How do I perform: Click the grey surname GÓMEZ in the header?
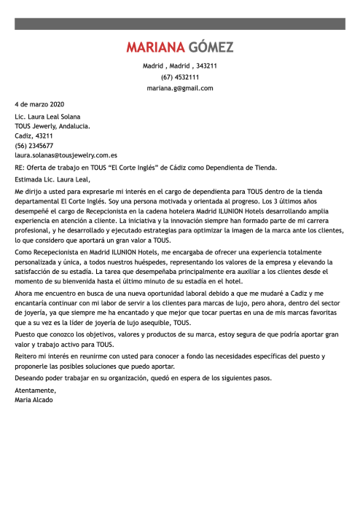pos(211,48)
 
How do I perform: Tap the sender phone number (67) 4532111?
pos(180,76)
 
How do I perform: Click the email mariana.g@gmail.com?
pos(180,87)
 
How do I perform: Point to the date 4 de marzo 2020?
pos(39,104)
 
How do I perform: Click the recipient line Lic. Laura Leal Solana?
pos(48,116)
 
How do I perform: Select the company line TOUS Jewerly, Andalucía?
pos(52,125)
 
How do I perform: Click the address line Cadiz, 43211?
pos(34,136)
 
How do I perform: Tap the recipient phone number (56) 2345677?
pos(34,145)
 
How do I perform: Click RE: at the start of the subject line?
pos(19,167)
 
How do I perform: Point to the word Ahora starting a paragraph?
pos(23,291)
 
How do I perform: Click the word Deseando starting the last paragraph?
pos(30,378)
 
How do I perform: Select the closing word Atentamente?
pos(34,391)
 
